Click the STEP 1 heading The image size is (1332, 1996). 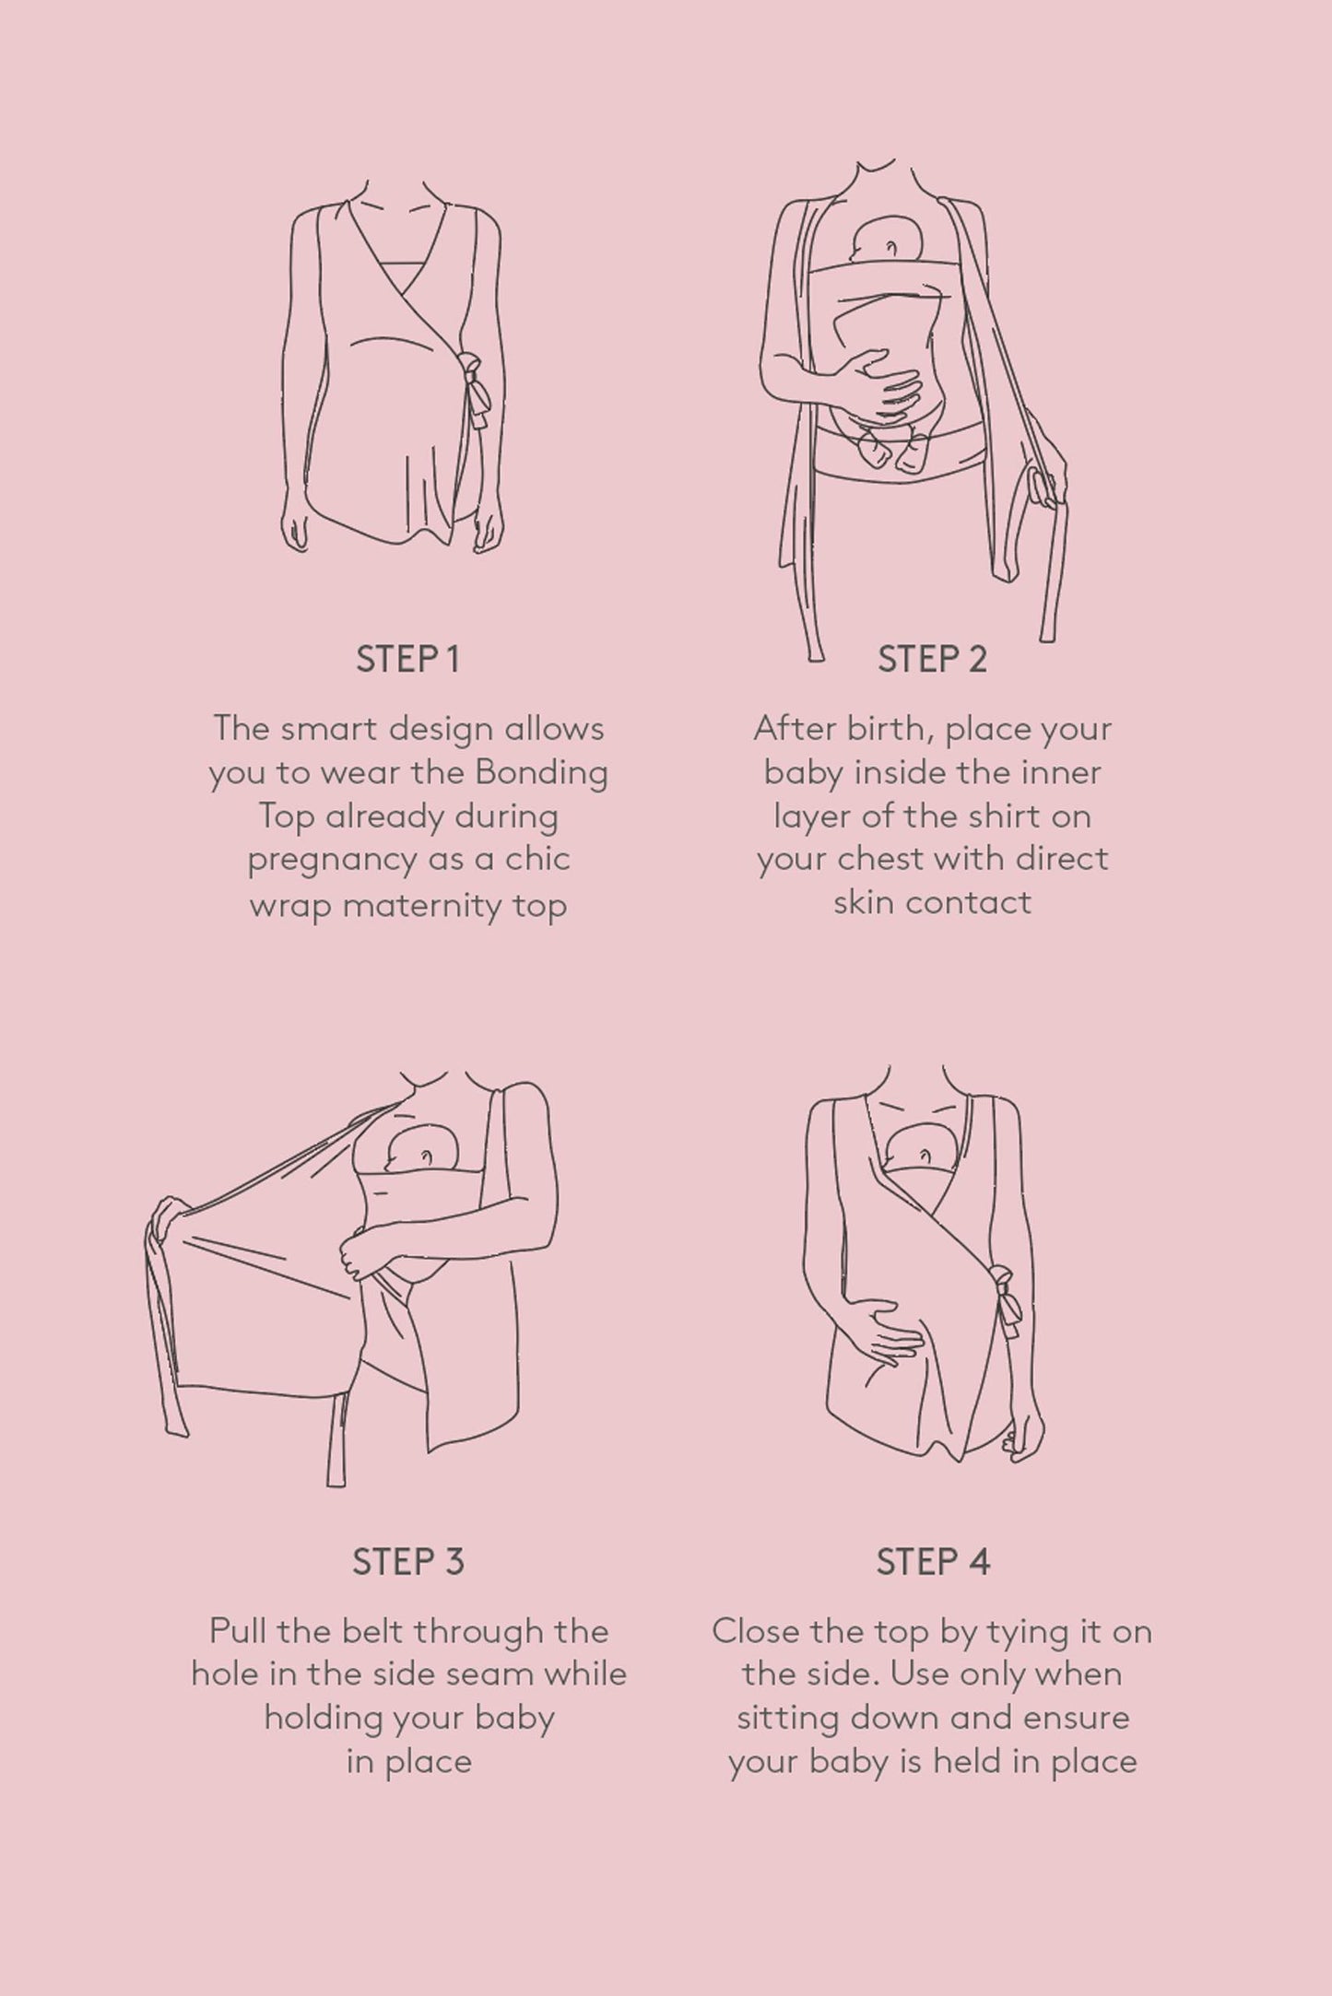(407, 660)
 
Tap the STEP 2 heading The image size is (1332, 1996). (932, 660)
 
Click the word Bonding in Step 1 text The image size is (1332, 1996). (541, 773)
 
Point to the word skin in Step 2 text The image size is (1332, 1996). (865, 902)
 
